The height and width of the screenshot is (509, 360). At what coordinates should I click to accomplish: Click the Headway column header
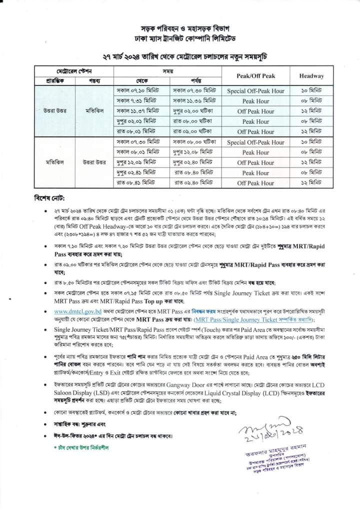click(311, 76)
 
